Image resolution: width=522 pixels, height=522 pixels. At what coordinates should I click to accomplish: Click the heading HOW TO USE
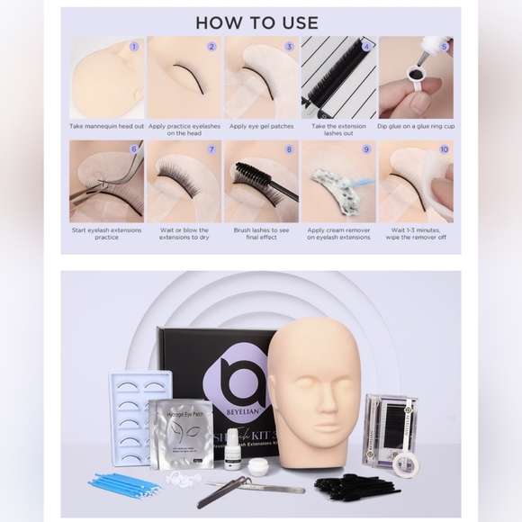coord(256,22)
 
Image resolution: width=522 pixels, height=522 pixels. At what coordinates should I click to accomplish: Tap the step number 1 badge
coord(134,45)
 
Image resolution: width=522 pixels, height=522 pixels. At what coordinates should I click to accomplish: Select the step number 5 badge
coord(444,45)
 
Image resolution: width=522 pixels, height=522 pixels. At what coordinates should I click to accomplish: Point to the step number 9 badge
coord(366,149)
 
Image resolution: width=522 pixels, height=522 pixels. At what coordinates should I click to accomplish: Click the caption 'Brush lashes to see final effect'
coord(261,234)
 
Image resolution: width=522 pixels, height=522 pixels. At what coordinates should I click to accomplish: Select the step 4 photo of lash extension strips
coord(338,77)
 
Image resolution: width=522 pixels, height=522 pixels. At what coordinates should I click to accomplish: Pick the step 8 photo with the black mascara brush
coord(261,181)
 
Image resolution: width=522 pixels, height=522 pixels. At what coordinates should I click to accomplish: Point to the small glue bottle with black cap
coord(232,450)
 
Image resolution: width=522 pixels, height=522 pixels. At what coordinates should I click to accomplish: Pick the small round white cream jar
coord(259,466)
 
